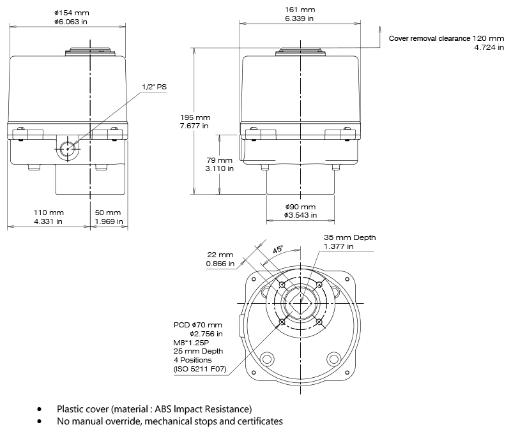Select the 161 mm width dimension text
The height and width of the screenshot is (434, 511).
click(300, 10)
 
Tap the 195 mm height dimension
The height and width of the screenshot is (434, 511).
click(195, 118)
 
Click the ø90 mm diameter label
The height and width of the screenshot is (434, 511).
click(300, 207)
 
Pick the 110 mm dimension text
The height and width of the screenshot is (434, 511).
click(49, 212)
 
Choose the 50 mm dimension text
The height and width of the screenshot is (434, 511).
click(107, 212)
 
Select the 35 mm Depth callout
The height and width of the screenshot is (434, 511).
click(349, 237)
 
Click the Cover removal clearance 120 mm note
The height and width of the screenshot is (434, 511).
click(446, 38)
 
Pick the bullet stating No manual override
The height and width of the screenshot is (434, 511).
click(169, 421)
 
